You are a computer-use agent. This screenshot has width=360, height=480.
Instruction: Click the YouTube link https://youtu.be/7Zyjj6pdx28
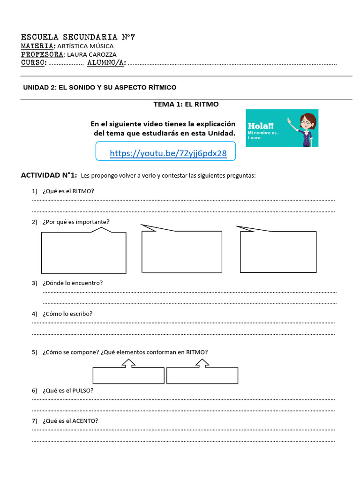pyautogui.click(x=168, y=153)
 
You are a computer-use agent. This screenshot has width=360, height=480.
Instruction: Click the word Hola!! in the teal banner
pyautogui.click(x=261, y=126)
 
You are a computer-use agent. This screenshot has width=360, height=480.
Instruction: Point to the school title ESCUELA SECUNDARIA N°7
pyautogui.click(x=78, y=37)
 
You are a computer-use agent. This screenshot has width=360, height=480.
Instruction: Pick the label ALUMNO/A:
pyautogui.click(x=106, y=63)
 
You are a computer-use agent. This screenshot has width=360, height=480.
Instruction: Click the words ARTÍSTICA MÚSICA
pyautogui.click(x=85, y=46)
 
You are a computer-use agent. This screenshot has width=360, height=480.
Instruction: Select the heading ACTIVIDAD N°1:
pyautogui.click(x=49, y=175)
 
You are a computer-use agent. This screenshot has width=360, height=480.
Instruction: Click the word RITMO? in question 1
pyautogui.click(x=82, y=191)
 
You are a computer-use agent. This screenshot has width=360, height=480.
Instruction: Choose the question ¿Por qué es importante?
pyautogui.click(x=76, y=222)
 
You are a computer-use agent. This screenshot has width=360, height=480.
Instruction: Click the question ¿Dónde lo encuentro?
pyautogui.click(x=72, y=283)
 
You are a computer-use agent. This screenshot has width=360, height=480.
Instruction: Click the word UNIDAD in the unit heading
pyautogui.click(x=36, y=88)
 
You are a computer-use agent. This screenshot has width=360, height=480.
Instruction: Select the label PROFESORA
pyautogui.click(x=42, y=54)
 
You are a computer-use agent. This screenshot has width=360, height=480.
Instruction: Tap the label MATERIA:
pyautogui.click(x=38, y=46)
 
